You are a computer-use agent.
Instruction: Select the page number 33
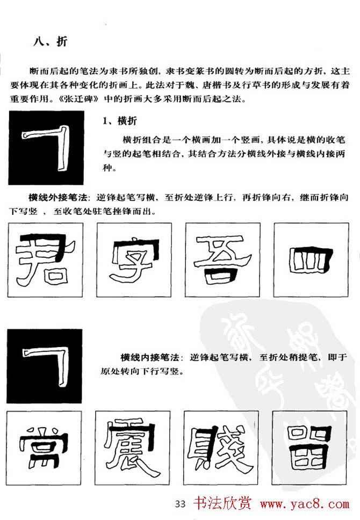pyautogui.click(x=180, y=503)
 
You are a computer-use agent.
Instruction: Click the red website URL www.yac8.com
pyautogui.click(x=304, y=504)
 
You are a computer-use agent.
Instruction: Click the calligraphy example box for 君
pyautogui.click(x=46, y=259)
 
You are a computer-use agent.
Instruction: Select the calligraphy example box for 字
pyautogui.click(x=134, y=259)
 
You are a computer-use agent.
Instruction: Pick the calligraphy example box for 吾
pyautogui.click(x=223, y=259)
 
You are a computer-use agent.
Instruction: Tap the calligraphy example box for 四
pyautogui.click(x=311, y=259)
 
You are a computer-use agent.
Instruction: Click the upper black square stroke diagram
pyautogui.click(x=46, y=148)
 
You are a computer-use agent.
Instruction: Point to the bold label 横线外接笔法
pyautogui.click(x=54, y=197)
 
